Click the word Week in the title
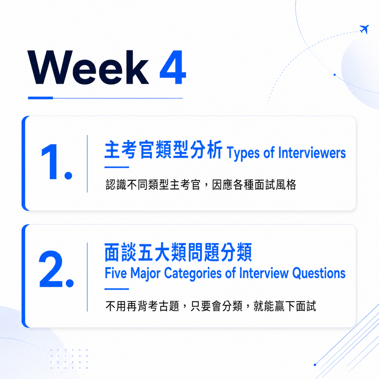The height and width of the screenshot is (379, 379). point(88,67)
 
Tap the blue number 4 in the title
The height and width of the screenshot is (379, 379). point(173,67)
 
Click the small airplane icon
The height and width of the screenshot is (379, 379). point(364,29)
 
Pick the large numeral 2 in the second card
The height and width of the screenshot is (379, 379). point(51,269)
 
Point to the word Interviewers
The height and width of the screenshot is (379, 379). point(312,153)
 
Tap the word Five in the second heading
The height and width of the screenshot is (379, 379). point(116,273)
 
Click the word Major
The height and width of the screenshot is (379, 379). point(146,274)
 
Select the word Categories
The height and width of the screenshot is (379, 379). point(193,274)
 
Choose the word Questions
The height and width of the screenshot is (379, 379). point(319,274)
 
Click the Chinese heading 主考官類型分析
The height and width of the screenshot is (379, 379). point(164,150)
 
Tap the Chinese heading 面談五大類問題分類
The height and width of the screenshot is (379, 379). point(178,252)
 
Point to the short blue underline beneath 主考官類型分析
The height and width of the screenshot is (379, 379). point(117,167)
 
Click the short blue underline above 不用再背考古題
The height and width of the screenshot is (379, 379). point(117,289)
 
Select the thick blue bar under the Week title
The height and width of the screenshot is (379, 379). point(40,98)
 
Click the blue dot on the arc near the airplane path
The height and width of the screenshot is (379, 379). point(335,75)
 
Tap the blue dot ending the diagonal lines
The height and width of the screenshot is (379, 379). point(315,365)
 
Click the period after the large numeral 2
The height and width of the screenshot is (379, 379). point(70,283)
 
